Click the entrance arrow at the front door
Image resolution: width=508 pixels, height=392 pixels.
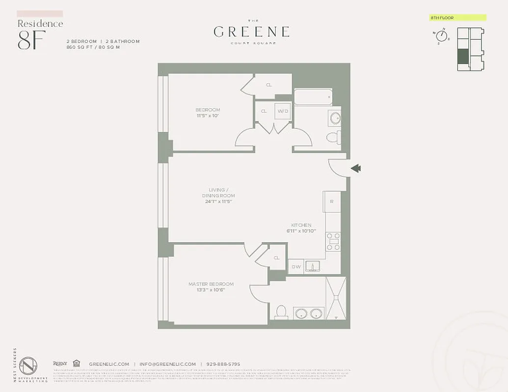(x=356, y=169)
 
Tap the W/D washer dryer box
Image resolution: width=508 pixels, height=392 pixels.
(x=283, y=111)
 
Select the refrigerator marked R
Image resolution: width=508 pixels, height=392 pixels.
(x=332, y=201)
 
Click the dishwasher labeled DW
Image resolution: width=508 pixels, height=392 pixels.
(x=296, y=267)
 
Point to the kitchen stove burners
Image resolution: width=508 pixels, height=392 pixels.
(x=333, y=242)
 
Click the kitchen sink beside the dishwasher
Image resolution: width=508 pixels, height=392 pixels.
(x=312, y=266)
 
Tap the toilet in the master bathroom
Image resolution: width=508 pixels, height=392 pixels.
(x=281, y=312)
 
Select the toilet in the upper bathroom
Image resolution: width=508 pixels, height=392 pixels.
(x=333, y=137)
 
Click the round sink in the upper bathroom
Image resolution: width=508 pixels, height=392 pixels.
(x=335, y=118)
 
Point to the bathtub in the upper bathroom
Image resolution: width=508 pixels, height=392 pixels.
(x=313, y=97)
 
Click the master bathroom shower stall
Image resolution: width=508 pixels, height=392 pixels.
(x=336, y=298)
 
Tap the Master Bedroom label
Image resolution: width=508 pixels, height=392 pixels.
(x=211, y=284)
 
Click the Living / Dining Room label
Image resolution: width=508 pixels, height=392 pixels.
(x=216, y=193)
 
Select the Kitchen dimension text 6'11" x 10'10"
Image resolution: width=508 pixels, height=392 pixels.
(x=301, y=230)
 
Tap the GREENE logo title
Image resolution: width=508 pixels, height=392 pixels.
(x=251, y=32)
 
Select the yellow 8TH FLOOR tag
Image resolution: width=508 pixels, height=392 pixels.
(x=457, y=18)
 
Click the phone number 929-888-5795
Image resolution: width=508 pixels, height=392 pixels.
(x=223, y=364)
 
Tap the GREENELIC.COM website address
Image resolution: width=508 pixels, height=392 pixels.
(x=109, y=364)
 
